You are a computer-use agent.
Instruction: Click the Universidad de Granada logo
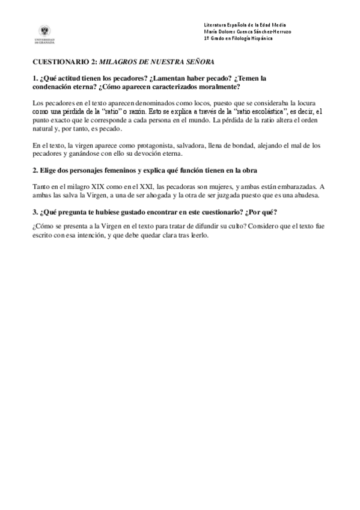click(x=46, y=34)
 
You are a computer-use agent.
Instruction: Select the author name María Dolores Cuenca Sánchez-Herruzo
click(x=248, y=31)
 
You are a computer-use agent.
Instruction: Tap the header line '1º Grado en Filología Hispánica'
click(x=238, y=38)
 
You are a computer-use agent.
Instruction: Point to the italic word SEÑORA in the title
click(x=198, y=62)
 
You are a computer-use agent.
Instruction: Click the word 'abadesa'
click(x=310, y=195)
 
